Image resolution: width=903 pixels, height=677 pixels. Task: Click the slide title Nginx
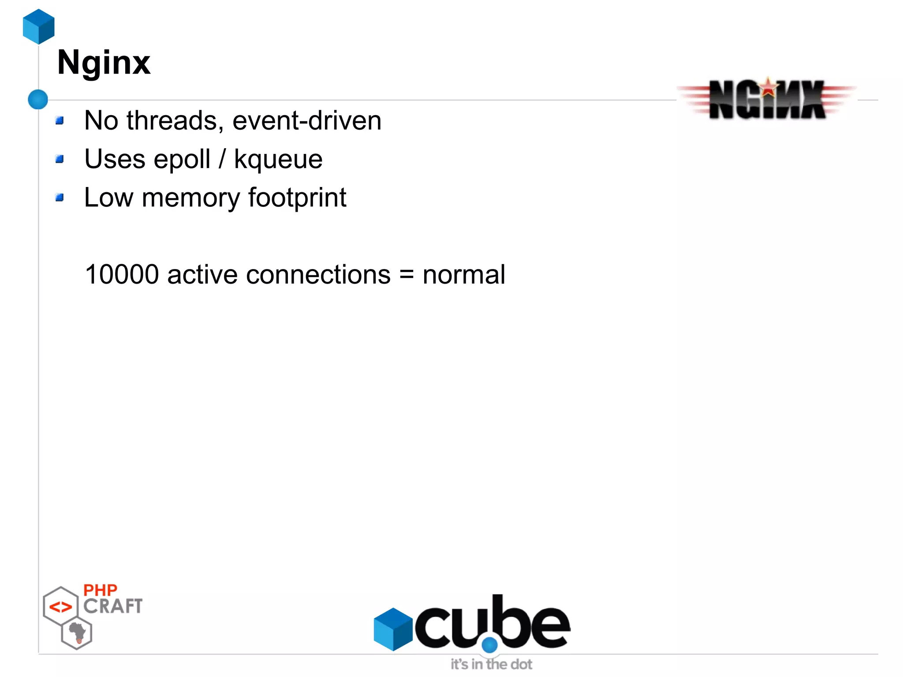click(104, 63)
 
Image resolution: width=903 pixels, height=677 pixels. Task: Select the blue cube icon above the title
click(39, 26)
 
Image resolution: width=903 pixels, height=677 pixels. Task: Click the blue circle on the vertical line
click(38, 99)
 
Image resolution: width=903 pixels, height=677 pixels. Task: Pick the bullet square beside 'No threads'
click(60, 120)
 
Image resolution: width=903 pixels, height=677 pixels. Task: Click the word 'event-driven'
click(306, 120)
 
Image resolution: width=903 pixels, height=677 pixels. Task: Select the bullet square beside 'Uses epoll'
click(60, 159)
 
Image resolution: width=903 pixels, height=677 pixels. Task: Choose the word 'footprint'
click(297, 198)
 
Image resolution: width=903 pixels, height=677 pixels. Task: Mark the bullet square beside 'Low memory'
click(60, 197)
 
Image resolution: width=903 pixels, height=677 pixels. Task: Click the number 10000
click(122, 274)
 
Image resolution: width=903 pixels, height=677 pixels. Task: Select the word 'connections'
click(318, 274)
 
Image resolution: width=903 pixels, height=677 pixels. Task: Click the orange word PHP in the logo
click(100, 590)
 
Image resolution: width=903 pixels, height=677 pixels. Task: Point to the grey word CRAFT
click(113, 606)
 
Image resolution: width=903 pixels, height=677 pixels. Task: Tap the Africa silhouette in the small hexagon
click(78, 632)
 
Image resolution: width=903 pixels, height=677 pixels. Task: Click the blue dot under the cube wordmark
click(489, 645)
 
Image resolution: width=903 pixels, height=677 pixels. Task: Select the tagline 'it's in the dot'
click(491, 664)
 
